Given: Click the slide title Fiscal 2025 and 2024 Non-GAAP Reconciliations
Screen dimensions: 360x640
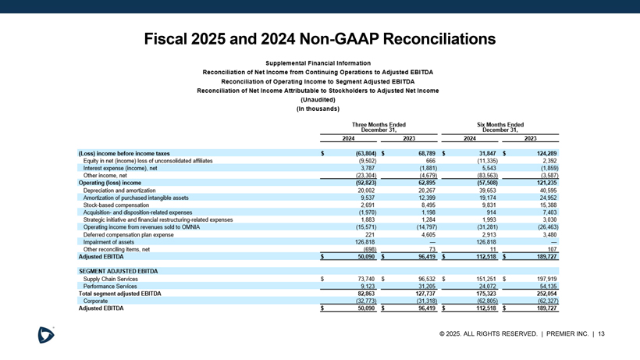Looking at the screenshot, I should pyautogui.click(x=320, y=38).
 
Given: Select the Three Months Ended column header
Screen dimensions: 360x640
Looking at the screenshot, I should pyautogui.click(x=379, y=127).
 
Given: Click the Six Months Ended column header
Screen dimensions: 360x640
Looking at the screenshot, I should pyautogui.click(x=500, y=127).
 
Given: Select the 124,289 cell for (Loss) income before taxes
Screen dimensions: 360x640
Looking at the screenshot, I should pyautogui.click(x=541, y=153).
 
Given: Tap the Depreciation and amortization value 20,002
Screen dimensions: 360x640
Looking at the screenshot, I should pyautogui.click(x=366, y=190).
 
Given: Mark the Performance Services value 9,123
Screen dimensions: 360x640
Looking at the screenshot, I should pyautogui.click(x=369, y=286).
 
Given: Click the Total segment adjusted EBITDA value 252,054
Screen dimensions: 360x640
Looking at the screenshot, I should pyautogui.click(x=541, y=293).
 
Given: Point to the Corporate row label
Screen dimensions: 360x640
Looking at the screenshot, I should pyautogui.click(x=95, y=301).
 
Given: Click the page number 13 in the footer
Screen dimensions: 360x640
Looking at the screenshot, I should pyautogui.click(x=601, y=335).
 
